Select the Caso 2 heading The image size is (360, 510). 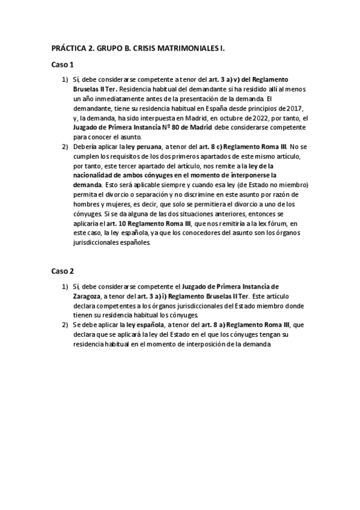(x=63, y=271)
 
